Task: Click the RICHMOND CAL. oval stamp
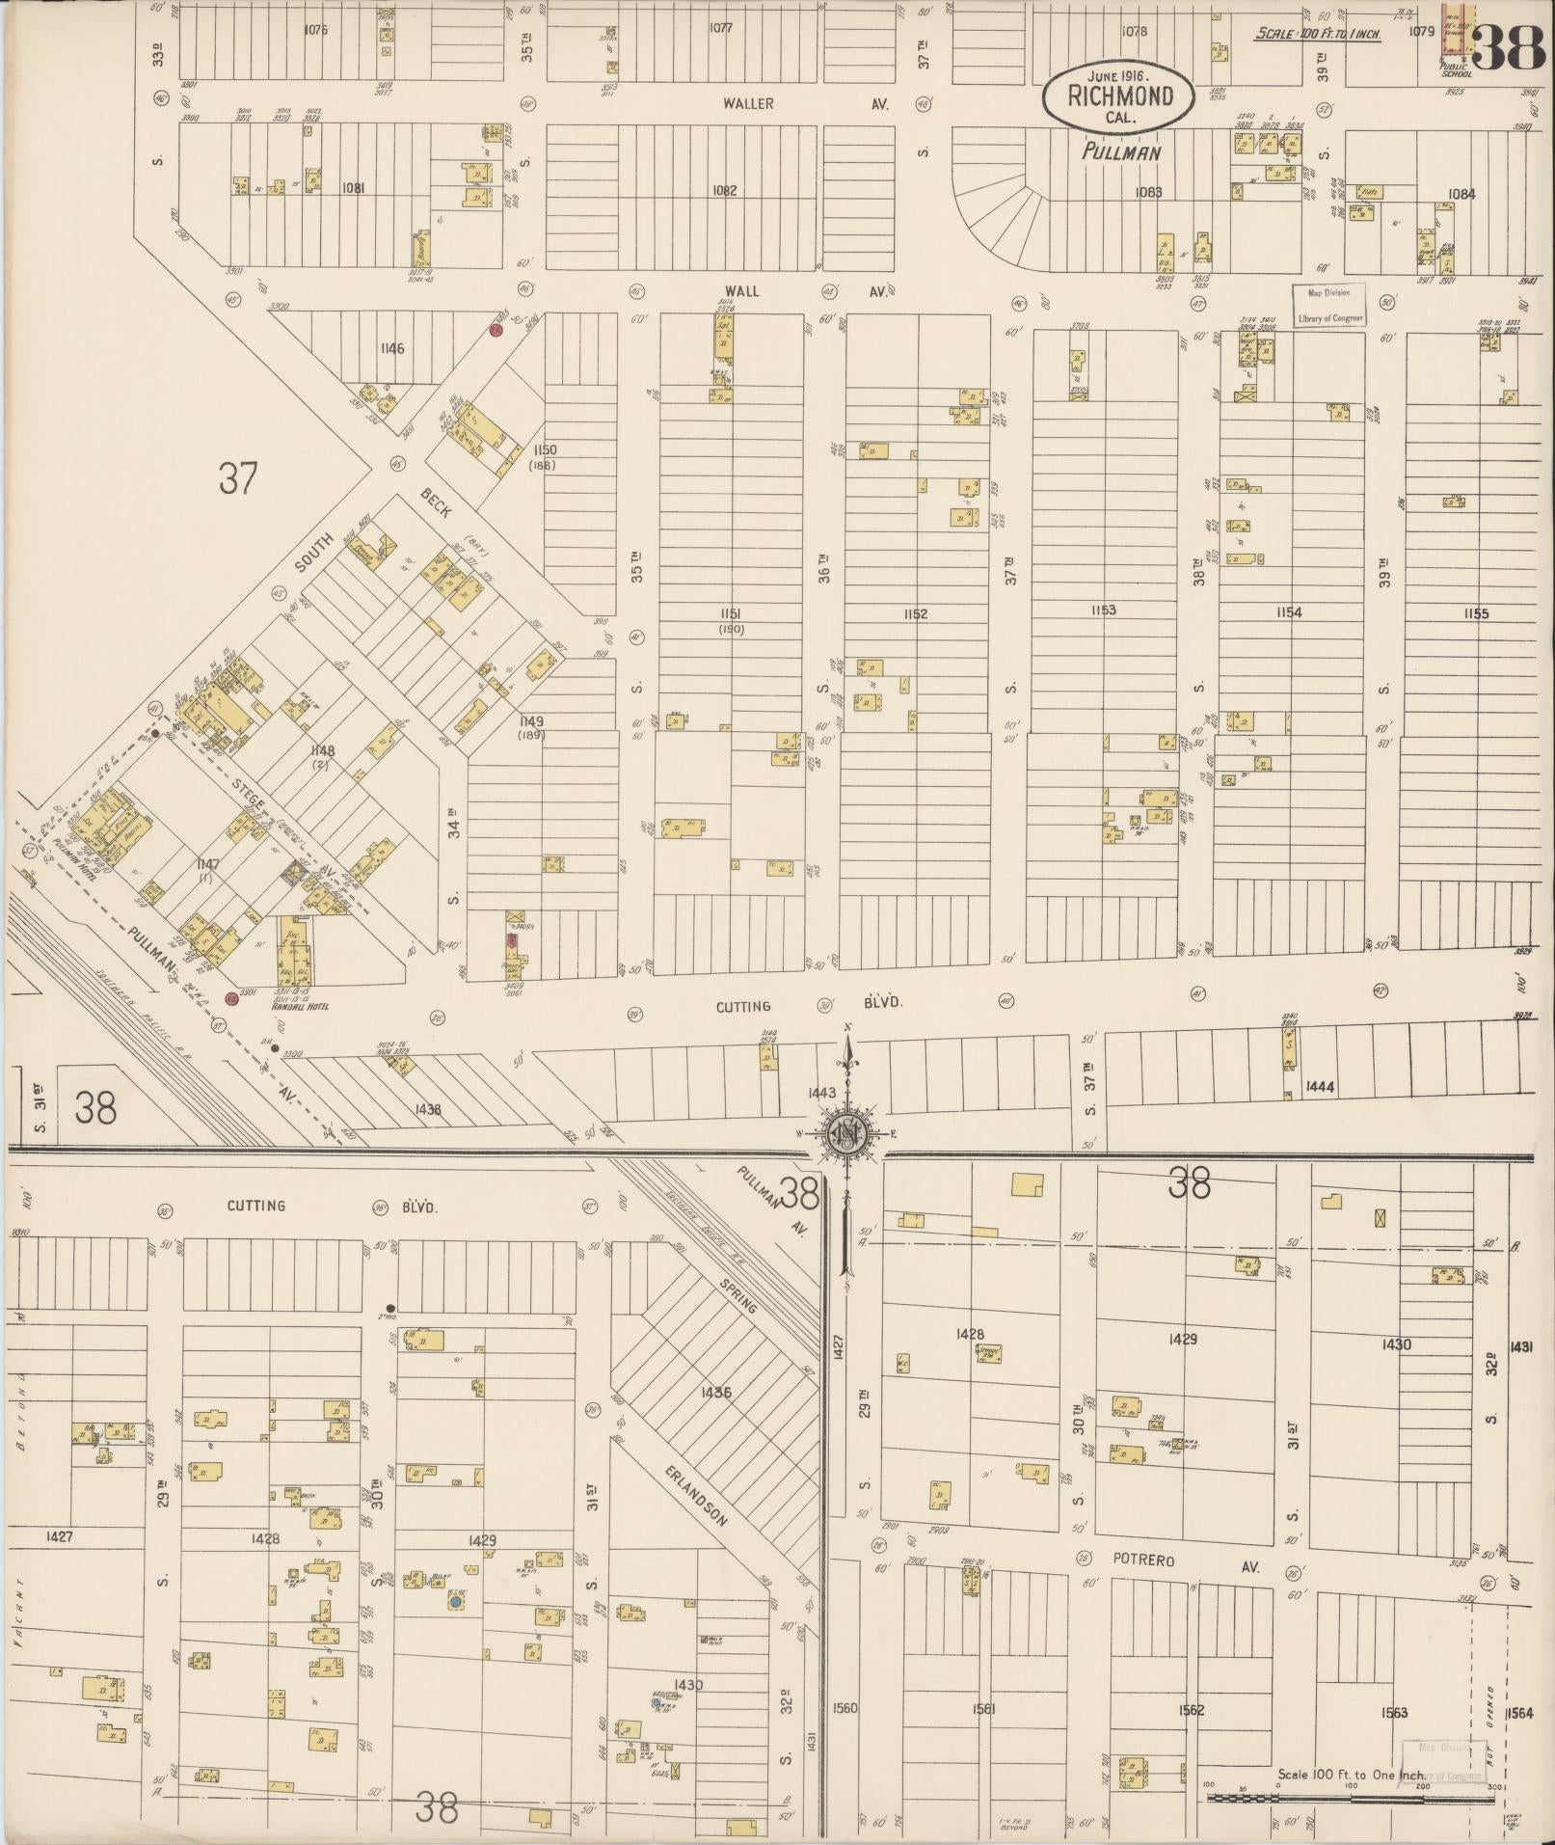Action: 1119,95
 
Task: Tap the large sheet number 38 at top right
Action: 1511,46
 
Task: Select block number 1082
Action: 723,191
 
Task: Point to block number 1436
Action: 716,1393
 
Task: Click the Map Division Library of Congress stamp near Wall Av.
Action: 1329,306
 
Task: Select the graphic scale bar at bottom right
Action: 1351,1798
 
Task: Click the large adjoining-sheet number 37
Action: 237,477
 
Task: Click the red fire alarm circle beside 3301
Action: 230,1000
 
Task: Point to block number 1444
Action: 1319,1087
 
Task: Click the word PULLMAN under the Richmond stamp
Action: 1120,152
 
